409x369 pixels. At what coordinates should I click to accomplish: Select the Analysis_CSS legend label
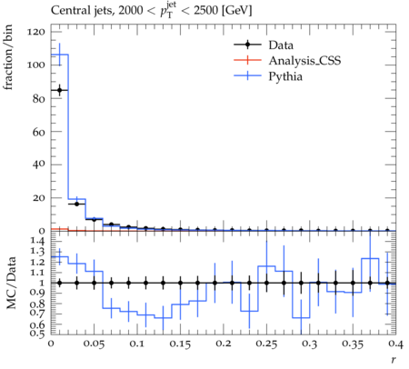click(304, 61)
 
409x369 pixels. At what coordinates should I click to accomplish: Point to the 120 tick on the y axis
click(36, 32)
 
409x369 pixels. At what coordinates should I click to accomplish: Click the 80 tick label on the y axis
click(39, 98)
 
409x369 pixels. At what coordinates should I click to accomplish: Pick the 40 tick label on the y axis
click(39, 165)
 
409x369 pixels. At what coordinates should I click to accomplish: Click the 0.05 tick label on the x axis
click(95, 344)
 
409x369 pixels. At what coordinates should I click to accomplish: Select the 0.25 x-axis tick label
click(267, 344)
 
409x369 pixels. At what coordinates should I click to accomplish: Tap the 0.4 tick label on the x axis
click(395, 344)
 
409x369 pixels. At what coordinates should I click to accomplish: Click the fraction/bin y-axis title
click(8, 57)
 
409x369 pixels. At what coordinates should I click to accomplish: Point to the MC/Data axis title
click(11, 283)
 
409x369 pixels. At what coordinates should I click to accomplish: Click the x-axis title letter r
click(394, 360)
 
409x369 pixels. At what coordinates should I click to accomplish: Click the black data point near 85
click(60, 90)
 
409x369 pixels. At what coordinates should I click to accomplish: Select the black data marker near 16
click(76, 204)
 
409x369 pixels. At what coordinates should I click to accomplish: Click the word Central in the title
click(67, 10)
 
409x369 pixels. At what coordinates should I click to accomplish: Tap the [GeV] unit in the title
click(236, 11)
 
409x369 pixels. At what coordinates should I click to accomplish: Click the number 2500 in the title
click(205, 11)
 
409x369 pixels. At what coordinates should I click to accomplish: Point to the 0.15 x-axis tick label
click(180, 344)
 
